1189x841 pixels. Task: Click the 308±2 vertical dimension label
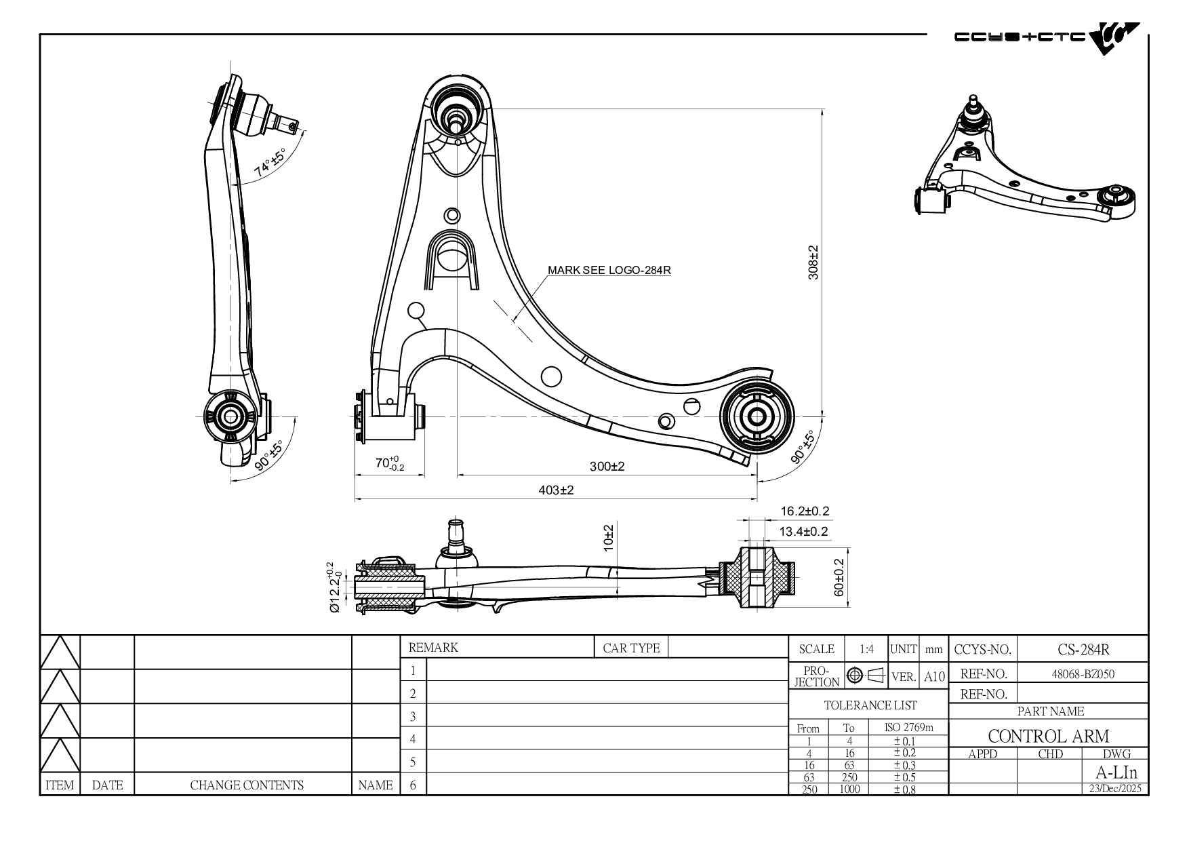813,262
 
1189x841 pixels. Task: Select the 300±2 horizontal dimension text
607,467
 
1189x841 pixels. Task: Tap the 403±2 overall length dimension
556,490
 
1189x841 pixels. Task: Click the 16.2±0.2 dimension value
805,511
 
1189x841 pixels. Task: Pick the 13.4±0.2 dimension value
803,532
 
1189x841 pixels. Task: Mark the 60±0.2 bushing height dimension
839,578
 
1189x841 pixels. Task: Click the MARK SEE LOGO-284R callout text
609,270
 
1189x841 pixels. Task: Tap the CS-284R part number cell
1083,649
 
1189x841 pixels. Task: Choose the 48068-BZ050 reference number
1083,674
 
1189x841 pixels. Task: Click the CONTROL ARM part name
1048,736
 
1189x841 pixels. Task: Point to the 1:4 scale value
866,649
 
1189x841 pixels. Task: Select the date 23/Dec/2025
1115,789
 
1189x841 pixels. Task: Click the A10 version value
934,676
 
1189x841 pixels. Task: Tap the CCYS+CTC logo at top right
1047,37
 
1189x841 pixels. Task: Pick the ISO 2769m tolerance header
908,728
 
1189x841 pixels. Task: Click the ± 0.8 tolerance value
904,789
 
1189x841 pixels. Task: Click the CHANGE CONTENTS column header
247,785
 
